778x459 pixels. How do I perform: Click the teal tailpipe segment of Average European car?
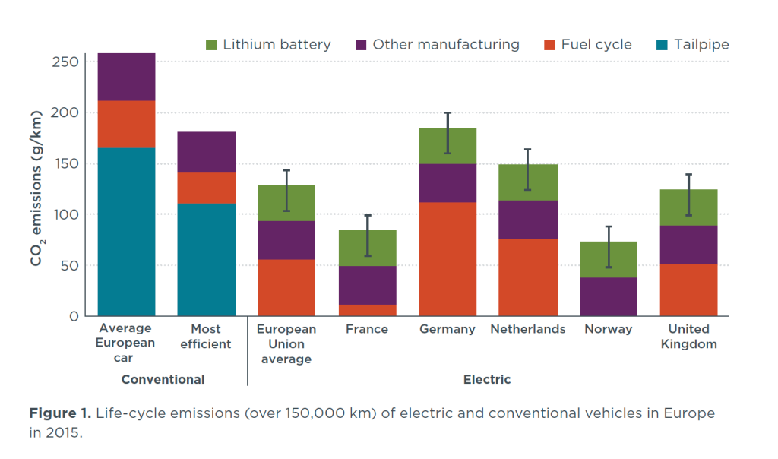126,232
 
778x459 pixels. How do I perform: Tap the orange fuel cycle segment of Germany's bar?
448,258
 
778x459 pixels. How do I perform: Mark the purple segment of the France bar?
367,285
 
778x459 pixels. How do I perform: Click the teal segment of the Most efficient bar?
206,259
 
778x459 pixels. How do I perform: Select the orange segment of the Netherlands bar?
528,277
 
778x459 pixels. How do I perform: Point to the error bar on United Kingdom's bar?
688,195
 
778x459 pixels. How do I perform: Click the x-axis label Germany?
448,329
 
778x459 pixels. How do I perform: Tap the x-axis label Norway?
609,329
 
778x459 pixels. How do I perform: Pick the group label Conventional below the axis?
163,379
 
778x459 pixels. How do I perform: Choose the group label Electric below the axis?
487,379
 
